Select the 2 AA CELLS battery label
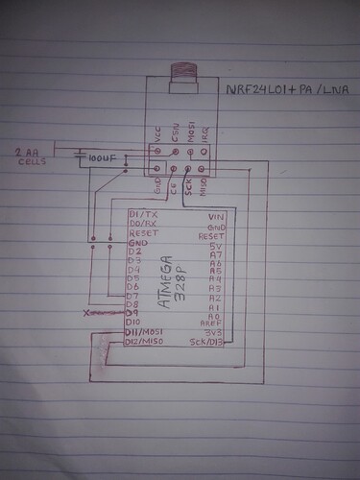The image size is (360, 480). (x=30, y=156)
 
